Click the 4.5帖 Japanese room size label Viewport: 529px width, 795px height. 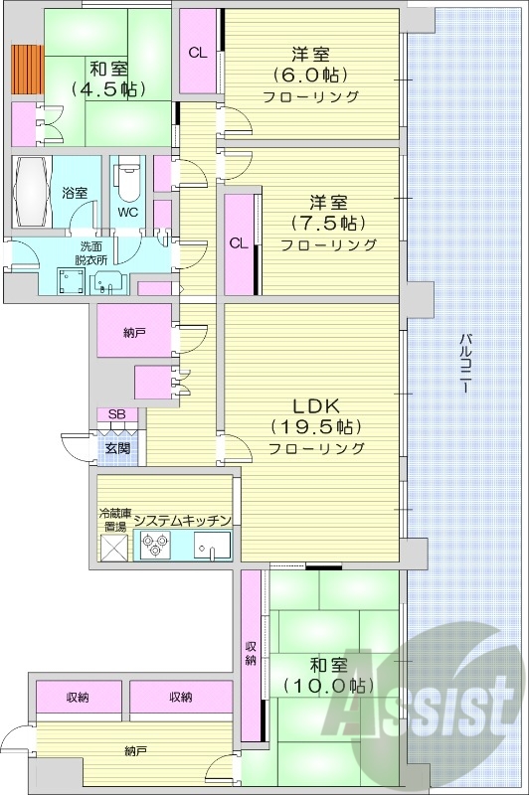coord(107,88)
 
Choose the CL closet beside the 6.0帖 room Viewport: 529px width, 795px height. coord(198,53)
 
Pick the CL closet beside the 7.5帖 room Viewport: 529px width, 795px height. coord(239,243)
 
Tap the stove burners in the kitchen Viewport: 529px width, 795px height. coord(157,544)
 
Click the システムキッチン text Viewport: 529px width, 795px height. coord(183,520)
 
